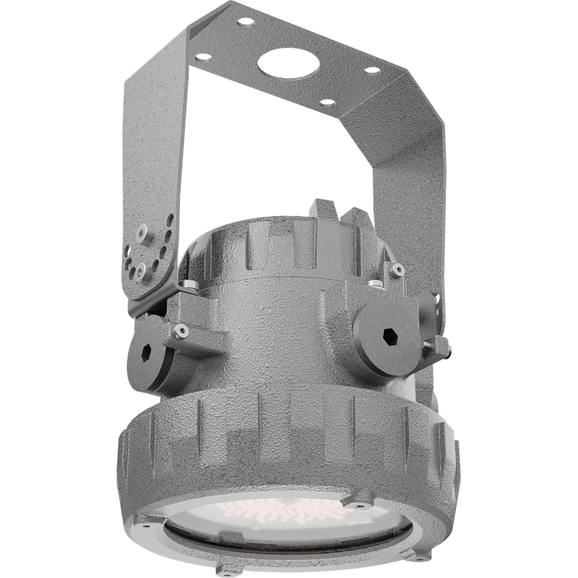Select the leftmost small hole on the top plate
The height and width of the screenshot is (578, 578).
point(204,56)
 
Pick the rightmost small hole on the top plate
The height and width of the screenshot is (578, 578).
point(373,71)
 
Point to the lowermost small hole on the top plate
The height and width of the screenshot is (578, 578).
point(327,103)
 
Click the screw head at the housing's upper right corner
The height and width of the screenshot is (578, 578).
point(397,269)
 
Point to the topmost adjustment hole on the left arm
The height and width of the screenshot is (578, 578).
point(170,216)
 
